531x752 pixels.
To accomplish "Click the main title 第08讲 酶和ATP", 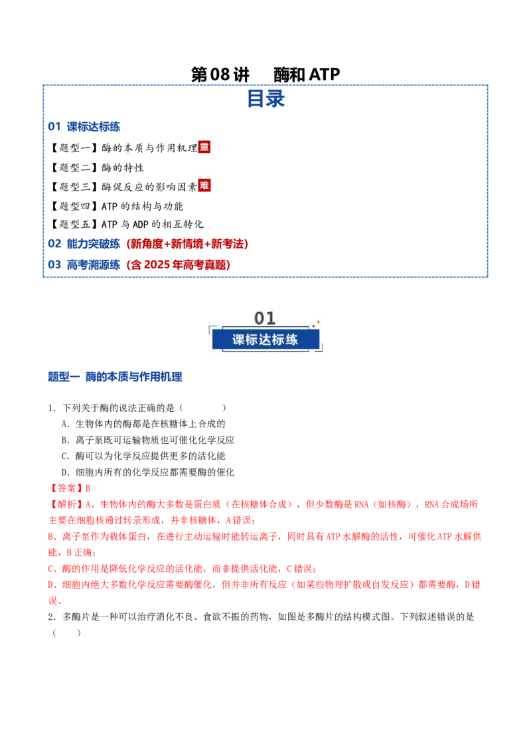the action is point(265,74).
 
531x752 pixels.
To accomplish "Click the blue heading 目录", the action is point(266,98).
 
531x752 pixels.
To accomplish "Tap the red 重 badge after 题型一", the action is point(204,147).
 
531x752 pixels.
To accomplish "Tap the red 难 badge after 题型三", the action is point(204,185).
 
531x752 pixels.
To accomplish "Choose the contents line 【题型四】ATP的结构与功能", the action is point(117,206).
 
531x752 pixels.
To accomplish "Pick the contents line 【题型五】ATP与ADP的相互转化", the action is point(127,224).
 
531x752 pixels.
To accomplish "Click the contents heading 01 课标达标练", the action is point(84,127).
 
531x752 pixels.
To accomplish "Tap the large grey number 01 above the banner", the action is point(265,318).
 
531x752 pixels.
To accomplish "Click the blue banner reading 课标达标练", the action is point(265,339).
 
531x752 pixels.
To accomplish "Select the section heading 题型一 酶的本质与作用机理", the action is point(115,377).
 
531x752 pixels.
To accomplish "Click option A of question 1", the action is point(143,424).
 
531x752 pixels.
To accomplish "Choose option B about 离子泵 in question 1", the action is point(147,440).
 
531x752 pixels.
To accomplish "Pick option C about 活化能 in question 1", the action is point(143,456).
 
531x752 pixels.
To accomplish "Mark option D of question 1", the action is point(147,472).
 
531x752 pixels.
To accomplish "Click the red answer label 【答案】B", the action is point(70,488).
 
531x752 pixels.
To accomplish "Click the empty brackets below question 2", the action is point(66,632).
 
